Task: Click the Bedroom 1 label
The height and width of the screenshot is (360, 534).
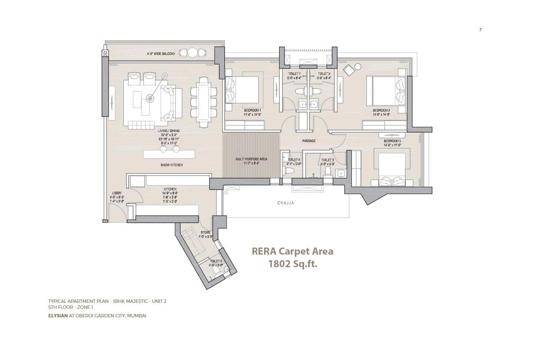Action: click(253, 111)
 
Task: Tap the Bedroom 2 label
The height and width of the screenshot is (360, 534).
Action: click(381, 111)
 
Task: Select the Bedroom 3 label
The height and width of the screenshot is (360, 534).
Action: click(392, 141)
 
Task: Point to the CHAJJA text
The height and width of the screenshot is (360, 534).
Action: click(286, 203)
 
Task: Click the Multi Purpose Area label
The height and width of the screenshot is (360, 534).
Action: click(251, 159)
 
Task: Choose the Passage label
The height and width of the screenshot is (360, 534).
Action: click(309, 141)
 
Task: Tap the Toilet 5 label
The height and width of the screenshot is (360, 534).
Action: click(215, 261)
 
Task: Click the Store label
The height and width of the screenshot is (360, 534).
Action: click(205, 233)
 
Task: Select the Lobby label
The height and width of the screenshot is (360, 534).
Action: click(117, 193)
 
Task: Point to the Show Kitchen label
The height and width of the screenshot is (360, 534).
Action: click(171, 165)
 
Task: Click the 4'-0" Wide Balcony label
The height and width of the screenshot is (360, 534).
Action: click(161, 54)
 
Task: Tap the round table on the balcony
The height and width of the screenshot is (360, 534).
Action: click(192, 53)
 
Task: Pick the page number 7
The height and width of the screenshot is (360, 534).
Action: click(480, 30)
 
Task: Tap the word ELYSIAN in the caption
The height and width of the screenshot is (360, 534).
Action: click(58, 316)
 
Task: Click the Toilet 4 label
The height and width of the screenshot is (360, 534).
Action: click(294, 160)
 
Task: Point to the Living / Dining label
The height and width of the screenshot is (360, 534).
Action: click(169, 131)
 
